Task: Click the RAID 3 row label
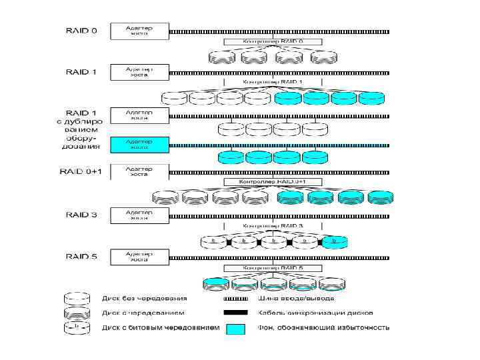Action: pyautogui.click(x=80, y=215)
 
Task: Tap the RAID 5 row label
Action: pyautogui.click(x=80, y=256)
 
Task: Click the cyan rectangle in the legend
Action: pyautogui.click(x=235, y=329)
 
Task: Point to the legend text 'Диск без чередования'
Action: pyautogui.click(x=144, y=298)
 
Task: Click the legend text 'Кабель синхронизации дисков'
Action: pyautogui.click(x=315, y=313)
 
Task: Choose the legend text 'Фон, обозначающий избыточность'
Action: pyautogui.click(x=323, y=328)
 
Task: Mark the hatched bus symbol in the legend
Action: pyautogui.click(x=235, y=298)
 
